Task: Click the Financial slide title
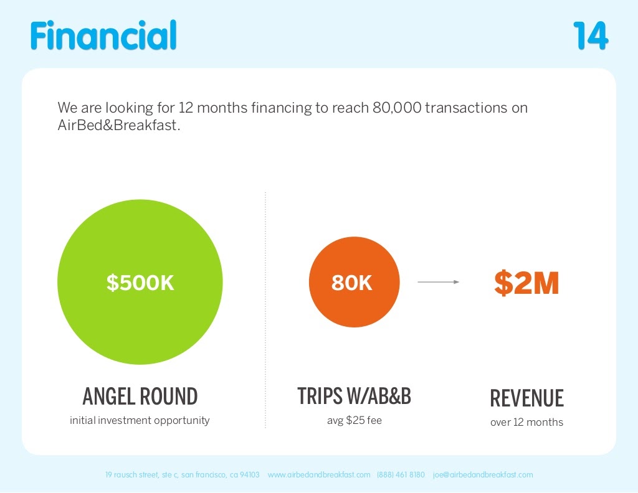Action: pyautogui.click(x=103, y=35)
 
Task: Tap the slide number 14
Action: pyautogui.click(x=590, y=36)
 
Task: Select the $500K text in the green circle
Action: pyautogui.click(x=140, y=283)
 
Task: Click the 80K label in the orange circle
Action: pyautogui.click(x=352, y=283)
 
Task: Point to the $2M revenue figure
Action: pyautogui.click(x=526, y=283)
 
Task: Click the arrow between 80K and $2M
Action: pyautogui.click(x=438, y=282)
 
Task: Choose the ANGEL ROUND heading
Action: pyautogui.click(x=140, y=397)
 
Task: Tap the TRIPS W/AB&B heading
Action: pyautogui.click(x=354, y=397)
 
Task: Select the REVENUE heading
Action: pyautogui.click(x=526, y=398)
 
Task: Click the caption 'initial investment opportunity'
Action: pyautogui.click(x=140, y=420)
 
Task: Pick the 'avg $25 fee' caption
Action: pyautogui.click(x=354, y=420)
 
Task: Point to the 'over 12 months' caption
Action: pyautogui.click(x=526, y=422)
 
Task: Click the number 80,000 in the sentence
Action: pyautogui.click(x=396, y=108)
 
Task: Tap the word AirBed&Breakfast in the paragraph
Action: pyautogui.click(x=118, y=125)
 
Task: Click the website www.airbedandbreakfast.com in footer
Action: pyautogui.click(x=319, y=474)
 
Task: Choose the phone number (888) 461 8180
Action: pyautogui.click(x=401, y=474)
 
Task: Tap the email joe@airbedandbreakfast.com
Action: pyautogui.click(x=483, y=474)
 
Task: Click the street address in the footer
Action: pyautogui.click(x=182, y=474)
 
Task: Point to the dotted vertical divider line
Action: pyautogui.click(x=265, y=311)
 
